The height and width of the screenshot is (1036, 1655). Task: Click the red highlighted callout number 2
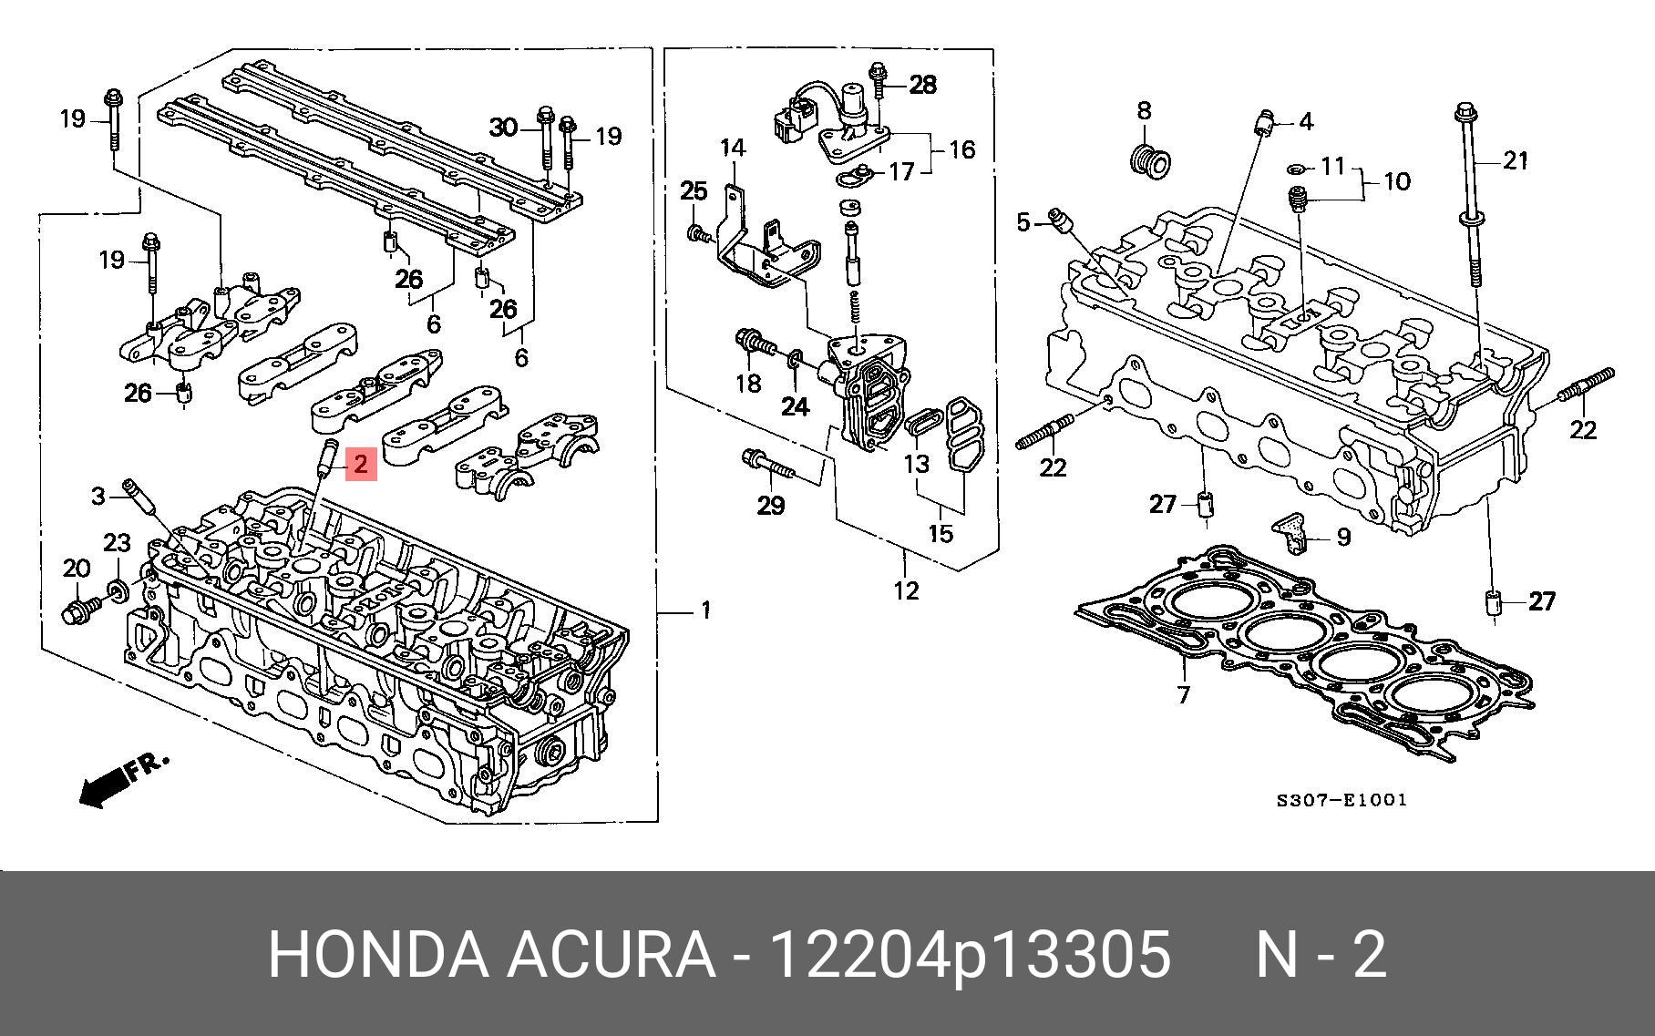click(x=360, y=465)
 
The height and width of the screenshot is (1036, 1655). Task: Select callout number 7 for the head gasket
click(x=1183, y=695)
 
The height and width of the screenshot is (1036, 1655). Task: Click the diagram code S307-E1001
click(x=1341, y=800)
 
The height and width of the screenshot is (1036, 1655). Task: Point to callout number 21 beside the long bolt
click(x=1515, y=161)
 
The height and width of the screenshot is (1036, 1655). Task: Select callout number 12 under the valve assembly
click(x=907, y=590)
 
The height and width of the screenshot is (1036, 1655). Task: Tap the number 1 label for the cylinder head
click(x=704, y=610)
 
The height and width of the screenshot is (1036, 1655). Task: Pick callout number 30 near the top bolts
click(x=504, y=128)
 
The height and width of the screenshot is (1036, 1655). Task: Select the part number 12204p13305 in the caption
click(x=971, y=956)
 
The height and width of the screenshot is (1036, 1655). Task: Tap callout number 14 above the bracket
click(x=733, y=148)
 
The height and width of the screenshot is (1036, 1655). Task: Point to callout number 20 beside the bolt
click(x=77, y=569)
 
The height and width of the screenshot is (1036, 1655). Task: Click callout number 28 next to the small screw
click(x=922, y=85)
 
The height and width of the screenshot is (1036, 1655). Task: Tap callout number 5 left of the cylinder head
click(x=1023, y=221)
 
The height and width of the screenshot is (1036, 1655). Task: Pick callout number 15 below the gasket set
click(x=941, y=533)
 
